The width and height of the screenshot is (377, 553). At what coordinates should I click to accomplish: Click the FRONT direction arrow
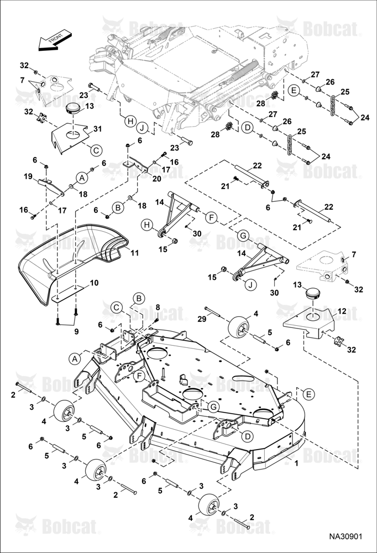click(x=55, y=40)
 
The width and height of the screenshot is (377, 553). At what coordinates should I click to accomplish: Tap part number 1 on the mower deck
click(x=296, y=463)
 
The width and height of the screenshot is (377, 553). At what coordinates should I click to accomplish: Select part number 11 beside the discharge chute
click(x=134, y=253)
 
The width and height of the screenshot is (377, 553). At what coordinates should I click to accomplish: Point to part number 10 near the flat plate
click(x=94, y=283)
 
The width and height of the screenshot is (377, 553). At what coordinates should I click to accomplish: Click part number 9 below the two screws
click(x=76, y=331)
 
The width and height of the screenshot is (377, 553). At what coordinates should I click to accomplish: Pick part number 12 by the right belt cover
click(x=342, y=311)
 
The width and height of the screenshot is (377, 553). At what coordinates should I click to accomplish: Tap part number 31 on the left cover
click(x=97, y=129)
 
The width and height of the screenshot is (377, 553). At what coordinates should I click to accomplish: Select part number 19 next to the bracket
click(x=28, y=176)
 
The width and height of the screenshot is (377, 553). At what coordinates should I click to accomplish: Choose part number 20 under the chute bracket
click(x=156, y=179)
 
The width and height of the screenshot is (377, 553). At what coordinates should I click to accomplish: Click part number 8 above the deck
click(x=158, y=307)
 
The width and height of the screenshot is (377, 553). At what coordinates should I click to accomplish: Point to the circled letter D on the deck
click(x=248, y=436)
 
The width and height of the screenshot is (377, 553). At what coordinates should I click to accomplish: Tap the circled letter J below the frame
click(x=142, y=129)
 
